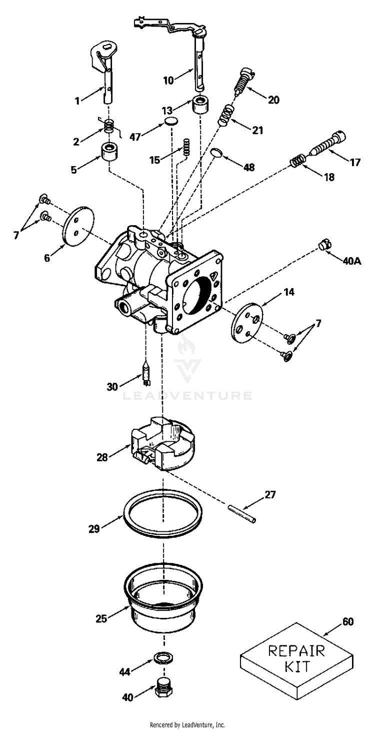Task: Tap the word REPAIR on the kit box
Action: click(296, 651)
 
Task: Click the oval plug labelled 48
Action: click(215, 152)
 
